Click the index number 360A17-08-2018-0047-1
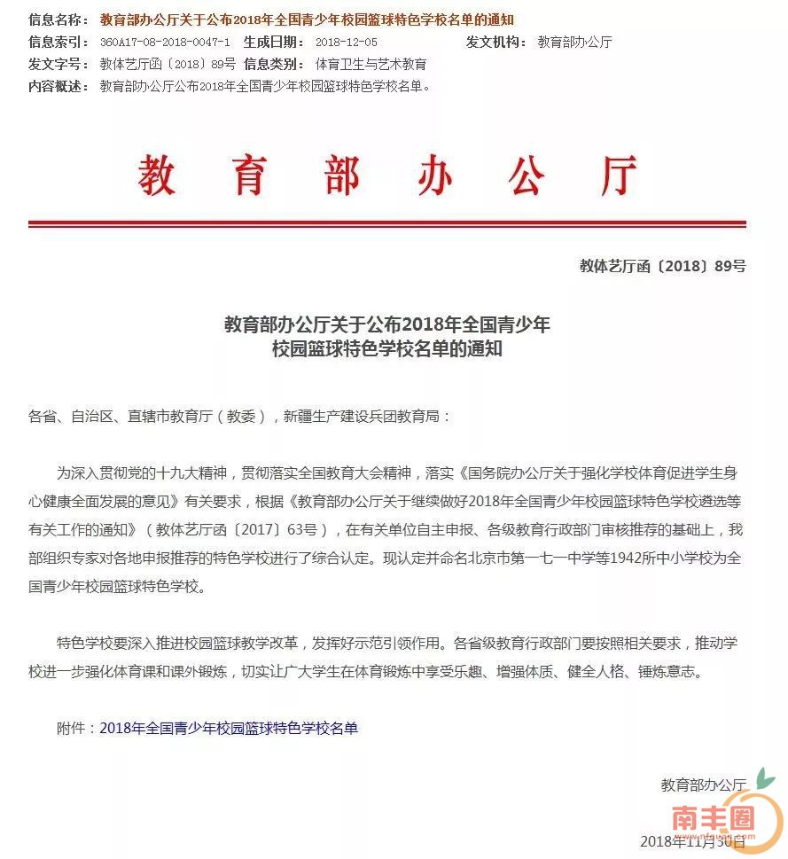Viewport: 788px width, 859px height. (x=165, y=42)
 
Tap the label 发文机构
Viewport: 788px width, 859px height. (x=495, y=42)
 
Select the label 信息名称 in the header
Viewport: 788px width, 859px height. (x=59, y=20)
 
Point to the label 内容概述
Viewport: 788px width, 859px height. (x=59, y=86)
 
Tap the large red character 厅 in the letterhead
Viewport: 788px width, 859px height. (x=618, y=176)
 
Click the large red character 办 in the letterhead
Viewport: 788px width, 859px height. (x=434, y=176)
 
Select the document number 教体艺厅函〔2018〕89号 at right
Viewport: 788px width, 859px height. (x=662, y=266)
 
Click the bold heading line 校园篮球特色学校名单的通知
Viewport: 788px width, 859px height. (x=387, y=349)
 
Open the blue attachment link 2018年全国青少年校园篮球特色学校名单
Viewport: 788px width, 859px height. (x=229, y=728)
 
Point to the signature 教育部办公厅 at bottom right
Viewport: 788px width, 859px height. (x=703, y=785)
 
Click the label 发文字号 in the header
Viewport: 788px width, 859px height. (x=59, y=64)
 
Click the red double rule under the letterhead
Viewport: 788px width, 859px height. (x=386, y=224)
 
